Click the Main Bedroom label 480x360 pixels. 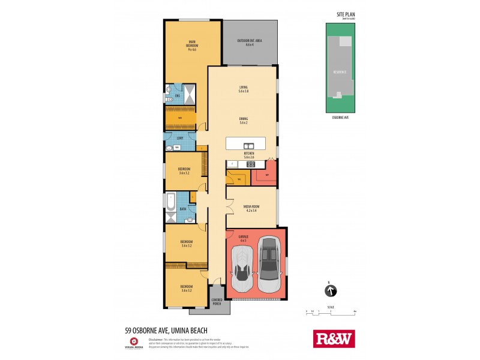tap(192, 46)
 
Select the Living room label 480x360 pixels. tap(243, 89)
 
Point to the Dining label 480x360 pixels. tap(243, 120)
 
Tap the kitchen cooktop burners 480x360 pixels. tap(250, 164)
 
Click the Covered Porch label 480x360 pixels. tap(217, 302)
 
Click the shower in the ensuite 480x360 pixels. tap(188, 94)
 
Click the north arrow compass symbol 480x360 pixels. tap(330, 291)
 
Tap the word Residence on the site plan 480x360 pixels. tap(340, 72)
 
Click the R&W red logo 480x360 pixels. tap(334, 339)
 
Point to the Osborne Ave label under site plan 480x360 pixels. tap(340, 118)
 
